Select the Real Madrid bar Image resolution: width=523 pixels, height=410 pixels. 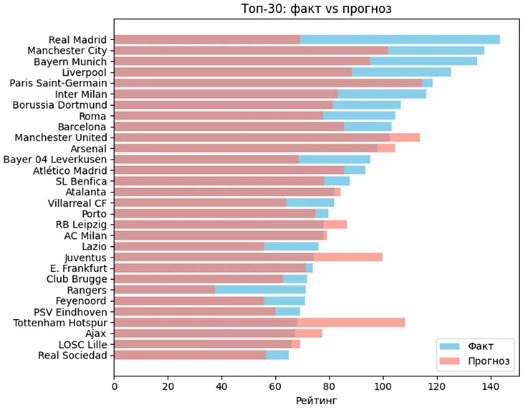tap(307, 39)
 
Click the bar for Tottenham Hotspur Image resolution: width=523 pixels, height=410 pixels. tap(259, 323)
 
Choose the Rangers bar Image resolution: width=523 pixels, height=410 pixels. tap(210, 290)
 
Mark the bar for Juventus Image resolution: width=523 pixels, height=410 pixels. tap(248, 257)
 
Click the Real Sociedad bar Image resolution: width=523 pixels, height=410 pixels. tap(201, 356)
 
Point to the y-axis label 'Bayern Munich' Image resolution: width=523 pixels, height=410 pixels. tap(70, 62)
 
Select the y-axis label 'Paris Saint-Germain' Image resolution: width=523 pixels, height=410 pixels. tap(58, 83)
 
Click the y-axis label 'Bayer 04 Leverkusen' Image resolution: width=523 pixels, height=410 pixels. tap(55, 159)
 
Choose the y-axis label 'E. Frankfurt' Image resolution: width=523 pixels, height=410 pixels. tap(77, 268)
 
